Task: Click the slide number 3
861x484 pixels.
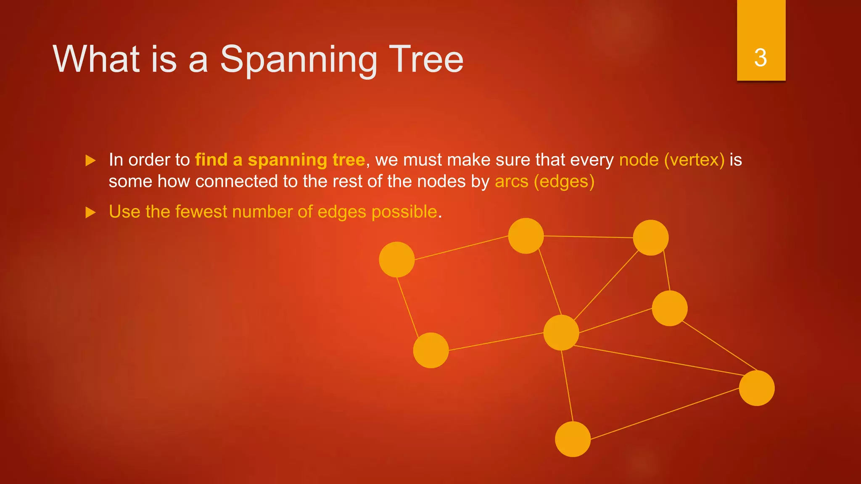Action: click(761, 58)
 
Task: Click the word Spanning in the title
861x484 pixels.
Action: click(298, 60)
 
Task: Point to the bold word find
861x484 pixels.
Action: click(211, 160)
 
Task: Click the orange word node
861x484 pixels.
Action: click(639, 160)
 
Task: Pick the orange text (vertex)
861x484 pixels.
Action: click(694, 160)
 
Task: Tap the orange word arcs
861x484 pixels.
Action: click(511, 181)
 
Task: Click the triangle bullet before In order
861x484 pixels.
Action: click(90, 160)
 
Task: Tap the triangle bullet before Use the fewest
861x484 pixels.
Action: click(90, 213)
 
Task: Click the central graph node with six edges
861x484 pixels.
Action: click(561, 333)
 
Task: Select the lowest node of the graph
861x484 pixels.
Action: click(573, 439)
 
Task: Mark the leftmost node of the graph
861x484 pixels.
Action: click(397, 260)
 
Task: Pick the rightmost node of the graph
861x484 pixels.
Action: click(757, 388)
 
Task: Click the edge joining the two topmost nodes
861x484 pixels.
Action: click(589, 237)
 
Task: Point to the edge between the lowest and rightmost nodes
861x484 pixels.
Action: click(664, 414)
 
